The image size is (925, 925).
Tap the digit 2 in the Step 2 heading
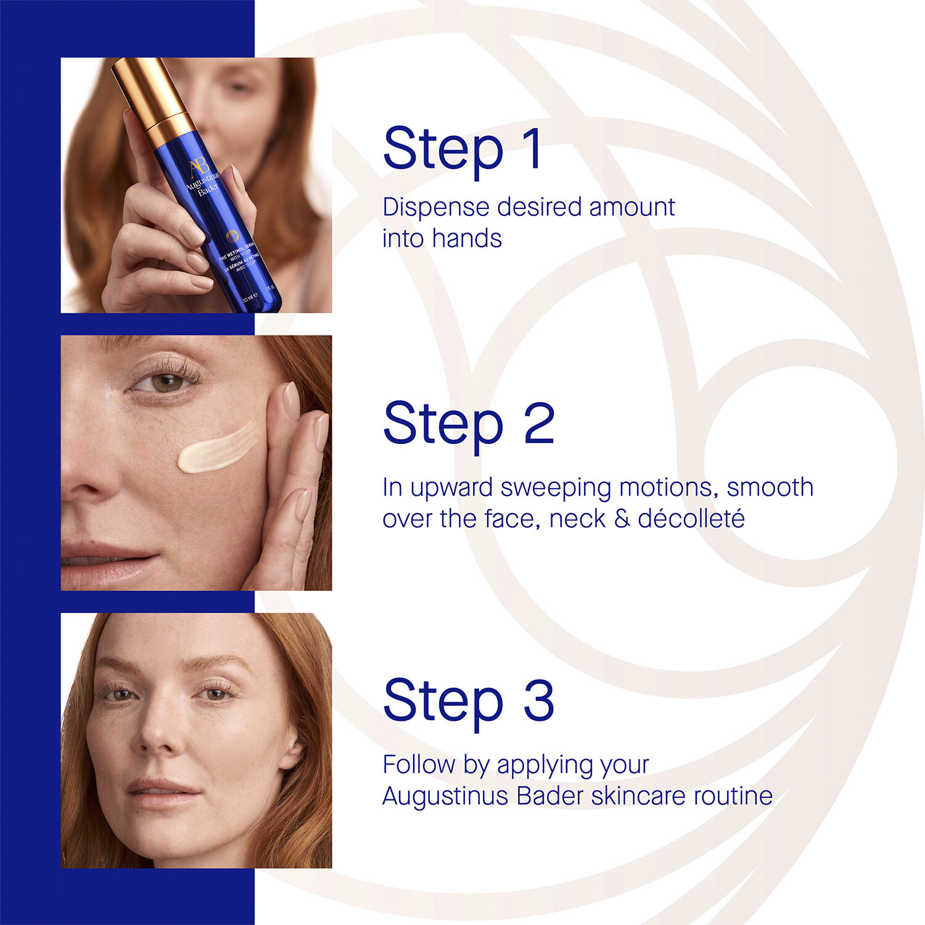coord(539,423)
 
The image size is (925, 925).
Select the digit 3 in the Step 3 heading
coord(539,700)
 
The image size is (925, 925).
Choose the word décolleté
coord(691,519)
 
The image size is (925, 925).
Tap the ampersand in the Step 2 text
coord(622,519)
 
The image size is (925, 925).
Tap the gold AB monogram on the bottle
coord(199,167)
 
